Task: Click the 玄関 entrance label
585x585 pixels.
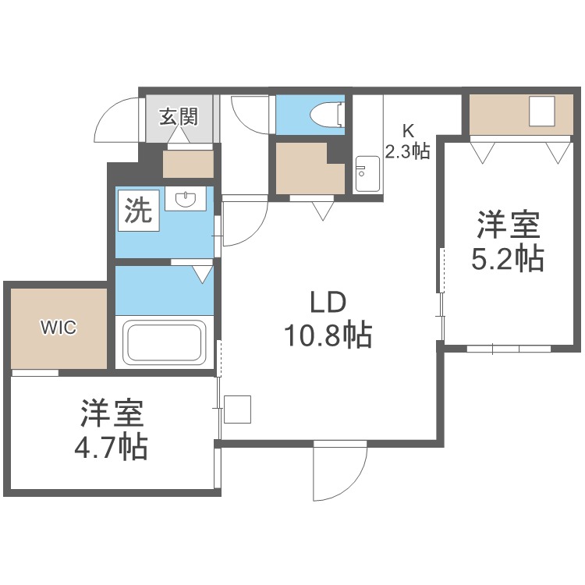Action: [x=179, y=117]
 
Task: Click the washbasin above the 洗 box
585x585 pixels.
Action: [x=186, y=200]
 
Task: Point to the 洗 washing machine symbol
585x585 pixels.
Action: [x=139, y=211]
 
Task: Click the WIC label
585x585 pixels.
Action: [x=59, y=328]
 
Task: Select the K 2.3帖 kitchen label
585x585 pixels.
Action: [x=407, y=140]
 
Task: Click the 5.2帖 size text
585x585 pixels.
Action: [x=507, y=257]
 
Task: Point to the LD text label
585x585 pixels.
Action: [x=328, y=302]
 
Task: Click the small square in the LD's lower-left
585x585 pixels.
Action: [x=237, y=409]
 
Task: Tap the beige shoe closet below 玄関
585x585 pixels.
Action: [x=188, y=163]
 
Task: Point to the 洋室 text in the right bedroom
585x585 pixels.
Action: [x=507, y=226]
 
